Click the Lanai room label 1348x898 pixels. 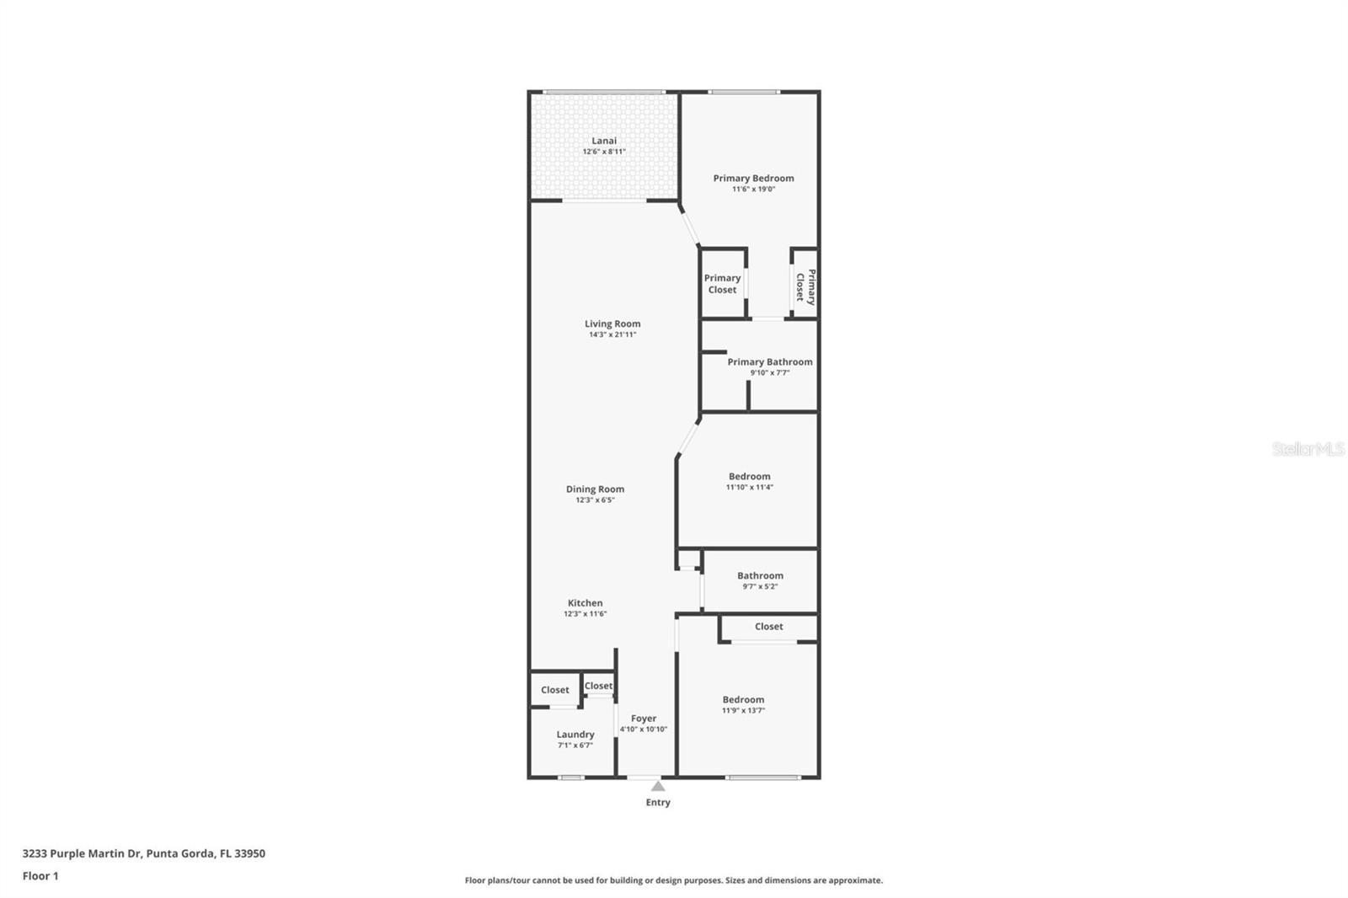pos(604,141)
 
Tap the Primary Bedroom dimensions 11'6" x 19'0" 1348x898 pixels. pos(753,190)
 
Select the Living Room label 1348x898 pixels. pos(612,323)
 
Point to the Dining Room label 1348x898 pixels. pos(595,489)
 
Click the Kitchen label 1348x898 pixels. pos(585,602)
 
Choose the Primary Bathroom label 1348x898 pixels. pos(770,361)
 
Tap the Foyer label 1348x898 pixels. pos(644,719)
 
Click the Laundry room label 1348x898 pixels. pos(575,735)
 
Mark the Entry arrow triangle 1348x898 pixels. pos(658,786)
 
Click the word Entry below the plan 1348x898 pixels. pos(658,803)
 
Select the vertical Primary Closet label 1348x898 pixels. pos(805,286)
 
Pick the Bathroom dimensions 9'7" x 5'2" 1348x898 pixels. pos(760,587)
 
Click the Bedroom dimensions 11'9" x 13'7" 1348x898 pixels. pos(743,711)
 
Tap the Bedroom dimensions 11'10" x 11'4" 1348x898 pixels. pos(749,487)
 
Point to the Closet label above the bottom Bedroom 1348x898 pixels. pos(768,627)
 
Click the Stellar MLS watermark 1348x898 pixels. pos(1308,449)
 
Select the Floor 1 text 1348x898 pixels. pos(40,876)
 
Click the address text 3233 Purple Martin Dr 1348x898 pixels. pos(81,853)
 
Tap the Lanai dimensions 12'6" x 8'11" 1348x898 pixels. pos(604,152)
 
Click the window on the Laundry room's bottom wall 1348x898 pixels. pos(571,777)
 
